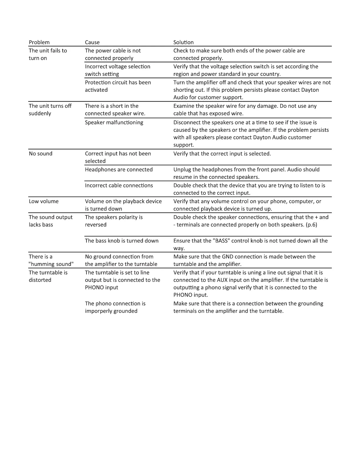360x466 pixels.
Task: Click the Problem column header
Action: click(x=39, y=42)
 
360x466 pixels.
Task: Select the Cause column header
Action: click(x=92, y=42)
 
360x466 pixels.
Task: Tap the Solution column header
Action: click(x=183, y=42)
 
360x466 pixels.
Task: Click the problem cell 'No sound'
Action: click(x=41, y=154)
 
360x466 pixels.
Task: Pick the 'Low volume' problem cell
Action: click(x=44, y=201)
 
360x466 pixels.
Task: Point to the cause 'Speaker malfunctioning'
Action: click(x=114, y=122)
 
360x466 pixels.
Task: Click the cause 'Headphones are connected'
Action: click(x=119, y=169)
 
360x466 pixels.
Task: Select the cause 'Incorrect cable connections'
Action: click(x=119, y=185)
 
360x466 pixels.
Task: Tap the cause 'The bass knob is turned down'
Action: click(x=121, y=241)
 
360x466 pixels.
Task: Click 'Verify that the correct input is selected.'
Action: click(x=222, y=154)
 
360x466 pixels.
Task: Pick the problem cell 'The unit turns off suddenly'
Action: click(x=50, y=110)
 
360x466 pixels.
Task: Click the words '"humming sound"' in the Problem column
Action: click(x=51, y=264)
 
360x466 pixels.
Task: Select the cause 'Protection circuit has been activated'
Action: click(x=118, y=86)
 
